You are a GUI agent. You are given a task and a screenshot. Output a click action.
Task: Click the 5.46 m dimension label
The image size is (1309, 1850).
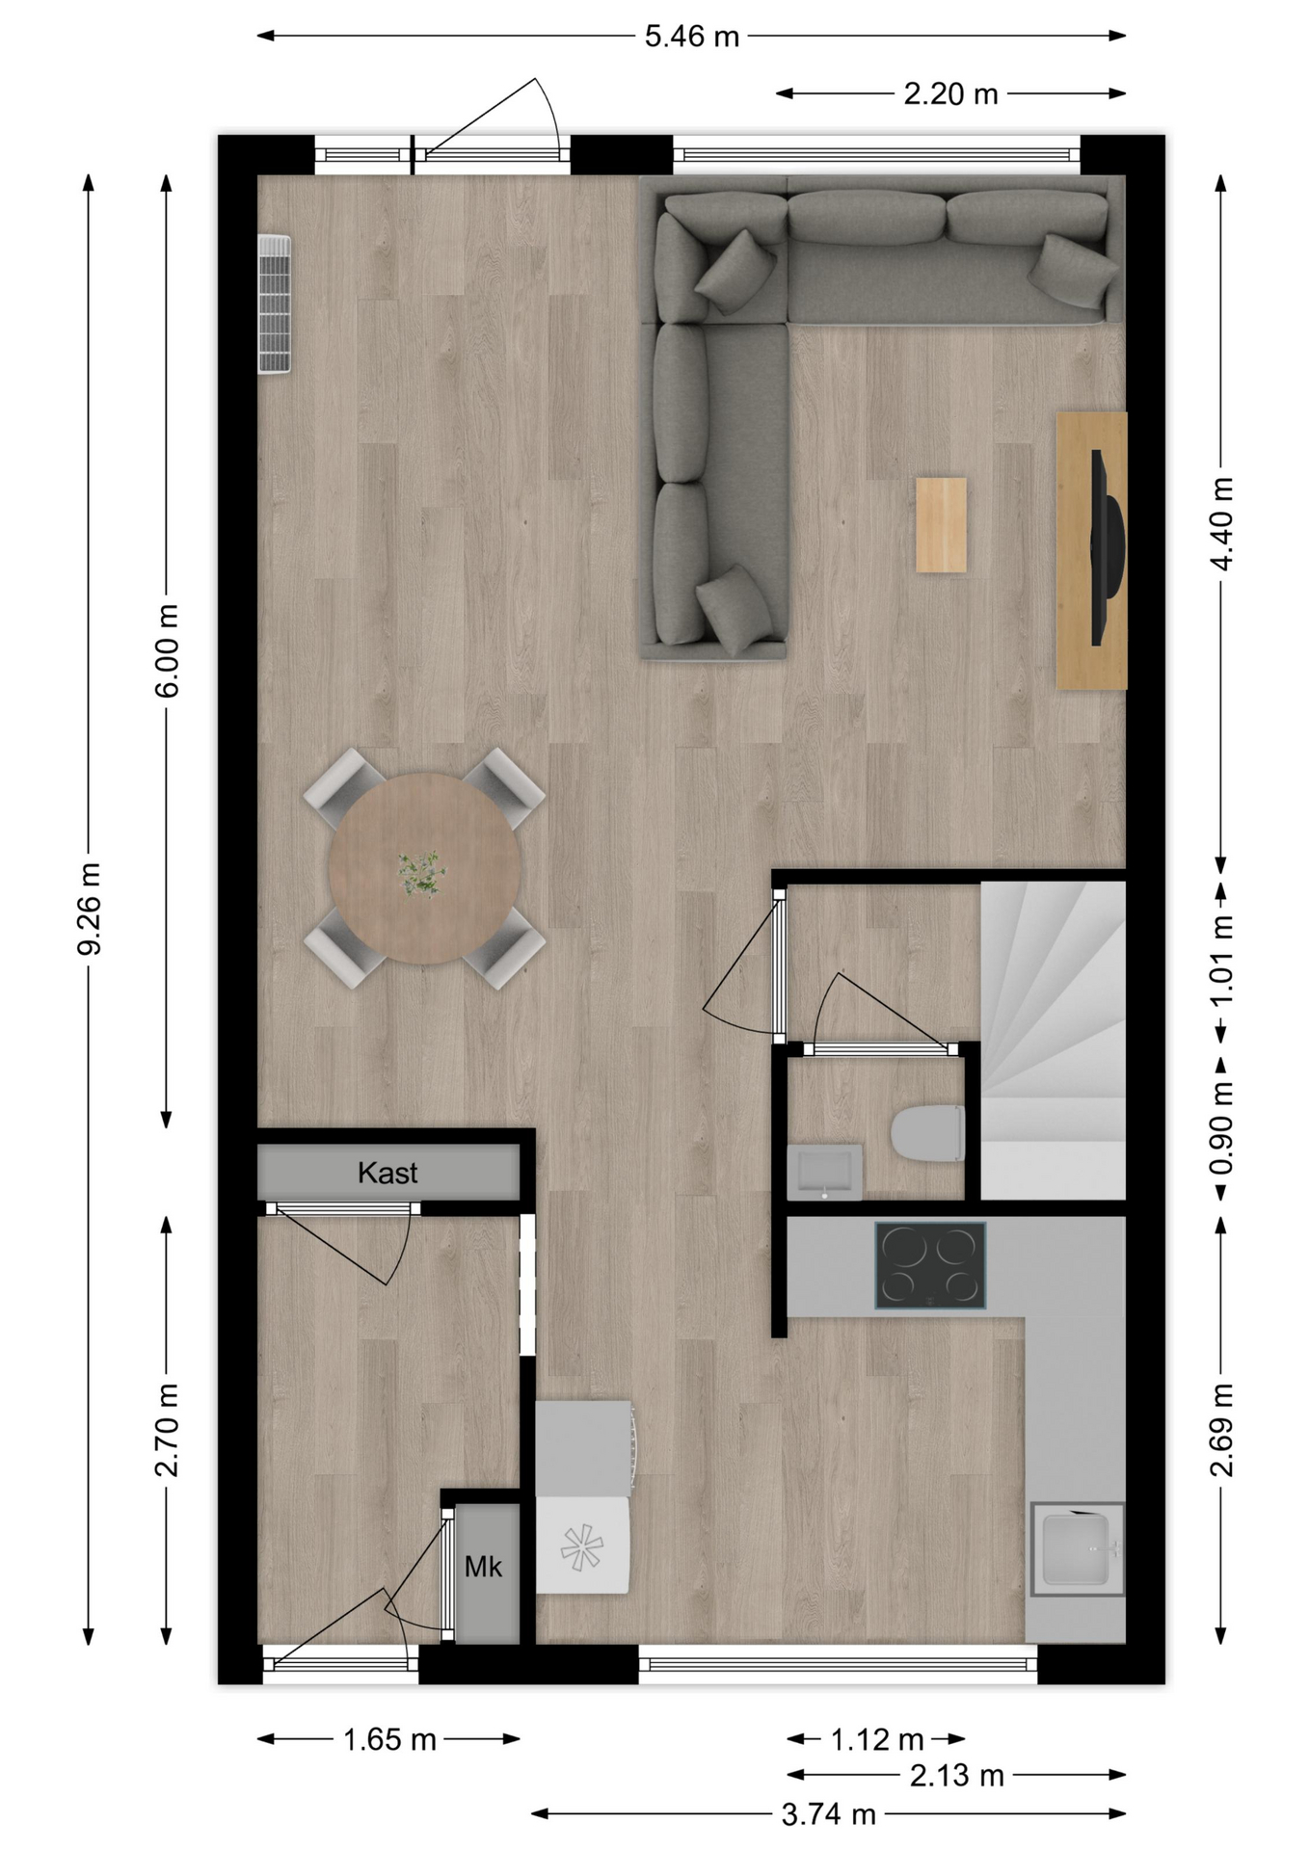(x=691, y=37)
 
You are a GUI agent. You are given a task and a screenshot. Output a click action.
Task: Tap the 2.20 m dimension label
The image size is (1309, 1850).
(x=950, y=93)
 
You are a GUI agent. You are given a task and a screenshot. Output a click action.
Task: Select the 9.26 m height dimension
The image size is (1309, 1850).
(x=89, y=909)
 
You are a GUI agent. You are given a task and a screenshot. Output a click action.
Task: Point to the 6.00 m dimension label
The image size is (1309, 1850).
(x=167, y=649)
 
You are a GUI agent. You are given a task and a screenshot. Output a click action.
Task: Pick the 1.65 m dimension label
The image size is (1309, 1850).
(x=389, y=1739)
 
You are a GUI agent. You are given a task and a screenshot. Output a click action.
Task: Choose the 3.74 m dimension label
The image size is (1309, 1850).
(x=828, y=1814)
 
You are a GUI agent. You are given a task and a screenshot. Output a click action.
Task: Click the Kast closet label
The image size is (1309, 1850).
(x=387, y=1173)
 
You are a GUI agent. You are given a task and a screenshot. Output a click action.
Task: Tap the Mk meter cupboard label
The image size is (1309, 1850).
(x=483, y=1567)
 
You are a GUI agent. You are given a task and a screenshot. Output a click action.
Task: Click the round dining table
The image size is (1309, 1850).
(x=424, y=868)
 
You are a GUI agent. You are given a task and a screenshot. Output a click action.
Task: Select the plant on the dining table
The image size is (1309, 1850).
(x=423, y=873)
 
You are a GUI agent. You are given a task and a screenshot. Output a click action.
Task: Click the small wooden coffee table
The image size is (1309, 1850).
(x=941, y=525)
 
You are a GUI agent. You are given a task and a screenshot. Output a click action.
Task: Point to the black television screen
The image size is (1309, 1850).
(x=1107, y=547)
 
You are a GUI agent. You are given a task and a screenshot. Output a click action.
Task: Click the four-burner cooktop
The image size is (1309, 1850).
(x=930, y=1265)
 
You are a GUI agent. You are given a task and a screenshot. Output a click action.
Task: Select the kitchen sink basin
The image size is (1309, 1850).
(x=1077, y=1549)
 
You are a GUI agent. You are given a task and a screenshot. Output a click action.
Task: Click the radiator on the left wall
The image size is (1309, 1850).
(x=274, y=304)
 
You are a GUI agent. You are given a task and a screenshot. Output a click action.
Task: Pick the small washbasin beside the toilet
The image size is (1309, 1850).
(x=824, y=1172)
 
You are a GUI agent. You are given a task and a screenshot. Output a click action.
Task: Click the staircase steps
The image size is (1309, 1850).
(x=1053, y=1041)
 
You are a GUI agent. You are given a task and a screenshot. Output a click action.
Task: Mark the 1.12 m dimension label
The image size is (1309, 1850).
(x=877, y=1739)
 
